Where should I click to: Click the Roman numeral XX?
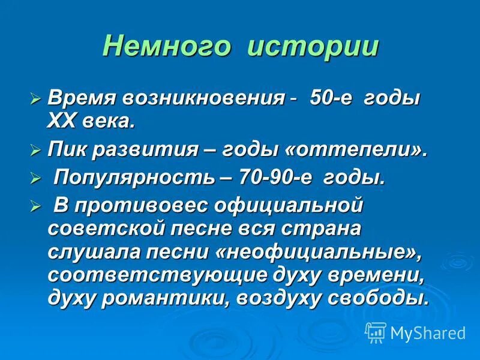[x=62, y=121]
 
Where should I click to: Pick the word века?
[x=108, y=121]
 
